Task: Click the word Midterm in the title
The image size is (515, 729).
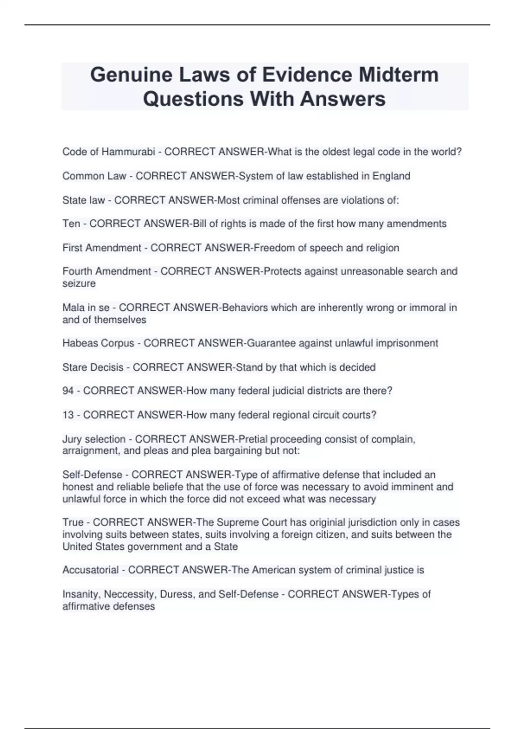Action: tap(399, 75)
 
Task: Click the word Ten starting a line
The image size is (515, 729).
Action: tap(71, 223)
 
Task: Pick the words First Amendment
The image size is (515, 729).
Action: tap(102, 248)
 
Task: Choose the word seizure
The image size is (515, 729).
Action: tap(79, 283)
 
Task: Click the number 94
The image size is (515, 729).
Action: tap(68, 391)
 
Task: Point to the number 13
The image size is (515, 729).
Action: tap(68, 415)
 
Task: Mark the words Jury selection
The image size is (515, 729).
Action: tap(94, 439)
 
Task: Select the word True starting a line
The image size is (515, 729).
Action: tap(73, 522)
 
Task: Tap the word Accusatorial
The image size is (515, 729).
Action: tap(91, 570)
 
